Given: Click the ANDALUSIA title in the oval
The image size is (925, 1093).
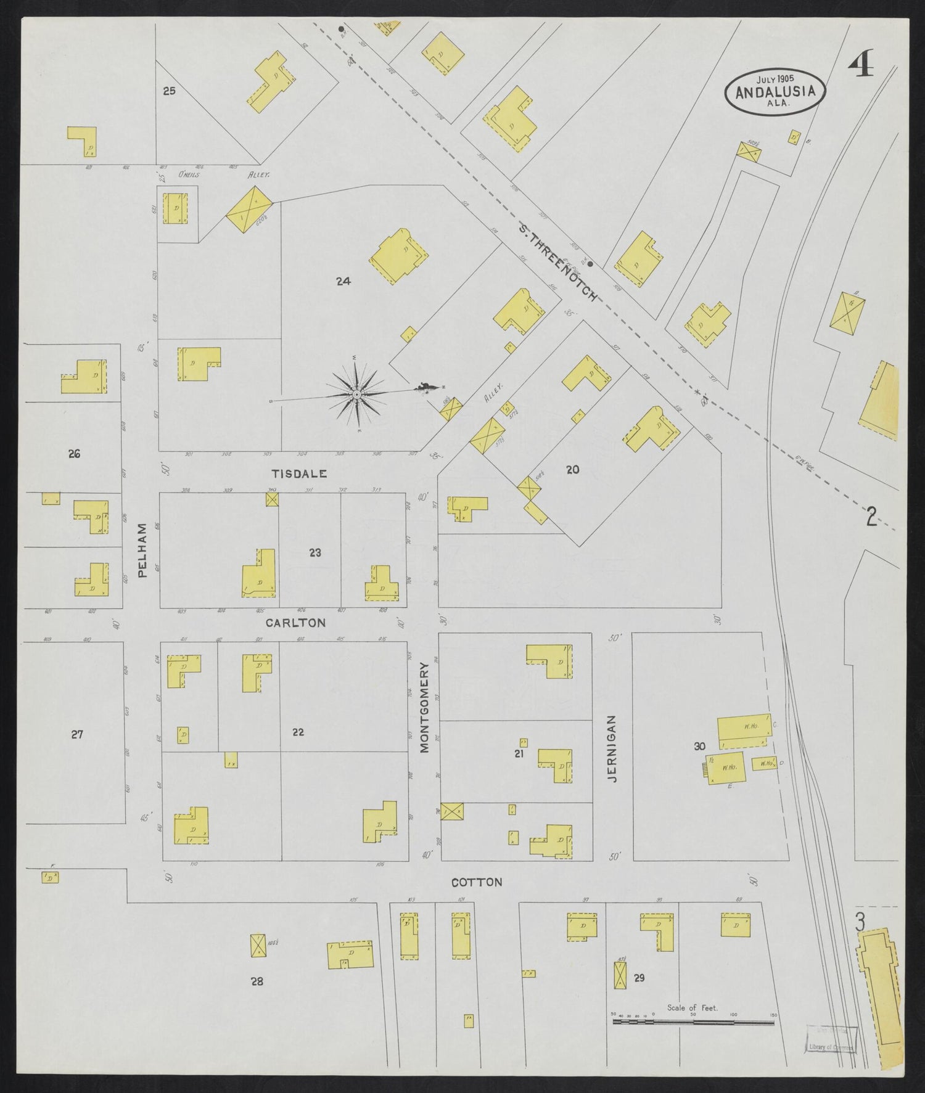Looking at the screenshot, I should click(775, 92).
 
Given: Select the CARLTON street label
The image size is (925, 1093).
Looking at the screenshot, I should click(295, 623).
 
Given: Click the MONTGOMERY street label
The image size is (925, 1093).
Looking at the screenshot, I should click(424, 707).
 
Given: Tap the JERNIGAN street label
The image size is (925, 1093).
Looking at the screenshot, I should click(611, 748).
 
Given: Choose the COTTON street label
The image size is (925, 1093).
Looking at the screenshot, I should click(477, 882).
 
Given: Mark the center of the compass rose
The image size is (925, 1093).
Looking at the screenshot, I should click(357, 394).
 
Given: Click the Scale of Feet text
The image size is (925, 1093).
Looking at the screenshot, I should click(692, 1008).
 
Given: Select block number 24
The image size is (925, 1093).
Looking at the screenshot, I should click(343, 281).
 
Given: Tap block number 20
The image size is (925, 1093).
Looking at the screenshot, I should click(572, 470).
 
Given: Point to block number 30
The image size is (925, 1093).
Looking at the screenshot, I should click(699, 747).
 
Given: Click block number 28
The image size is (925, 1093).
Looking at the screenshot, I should click(257, 981).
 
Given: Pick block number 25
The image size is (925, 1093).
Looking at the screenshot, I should click(169, 91).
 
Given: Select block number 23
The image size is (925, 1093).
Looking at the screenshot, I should click(315, 553).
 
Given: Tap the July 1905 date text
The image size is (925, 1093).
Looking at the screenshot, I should click(775, 79).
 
